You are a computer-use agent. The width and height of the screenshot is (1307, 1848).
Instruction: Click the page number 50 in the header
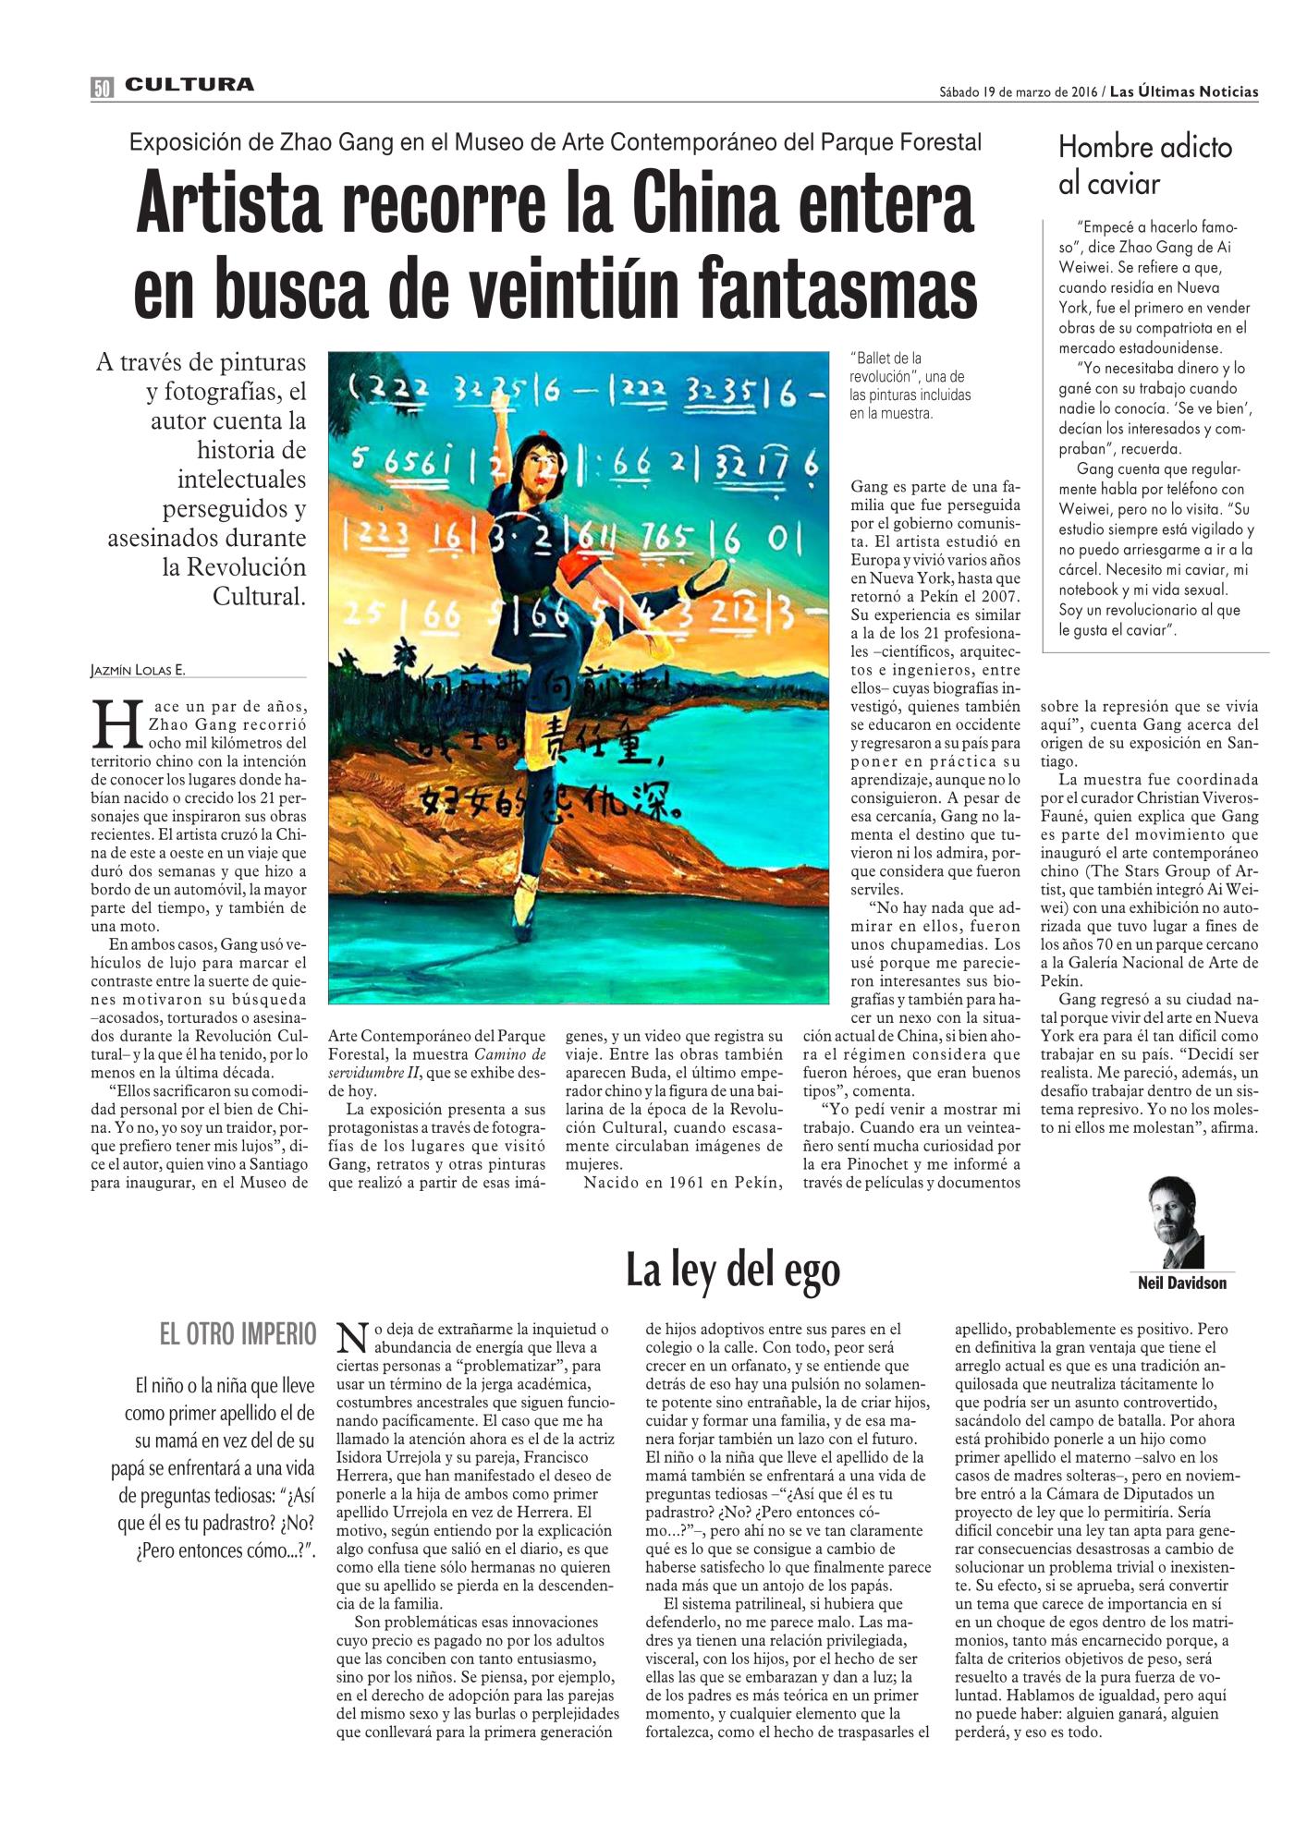(102, 87)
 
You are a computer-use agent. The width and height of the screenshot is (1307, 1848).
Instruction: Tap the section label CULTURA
(189, 85)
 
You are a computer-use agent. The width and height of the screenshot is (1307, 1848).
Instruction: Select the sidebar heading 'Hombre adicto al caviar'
(1144, 165)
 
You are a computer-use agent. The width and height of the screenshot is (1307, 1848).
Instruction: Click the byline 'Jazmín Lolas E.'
(144, 672)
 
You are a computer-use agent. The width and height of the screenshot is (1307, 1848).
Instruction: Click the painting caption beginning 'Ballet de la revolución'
(910, 385)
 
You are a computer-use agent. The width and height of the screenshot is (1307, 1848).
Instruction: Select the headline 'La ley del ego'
(733, 1270)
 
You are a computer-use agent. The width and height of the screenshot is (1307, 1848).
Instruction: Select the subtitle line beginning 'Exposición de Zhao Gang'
(555, 142)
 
